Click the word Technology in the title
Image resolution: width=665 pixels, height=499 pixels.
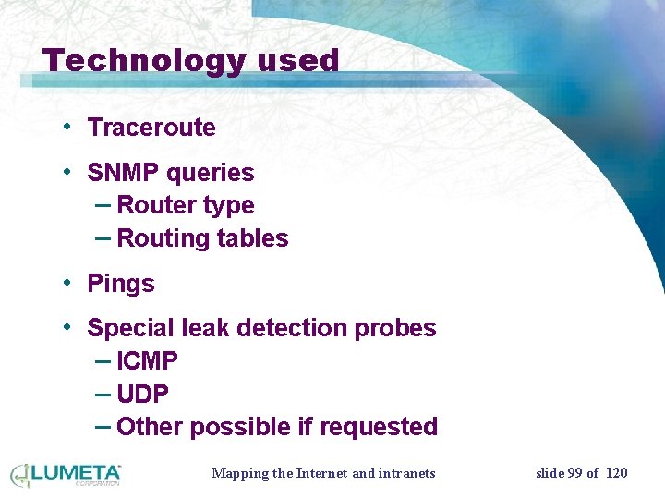tap(143, 62)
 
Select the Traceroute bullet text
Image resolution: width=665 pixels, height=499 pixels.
tap(151, 128)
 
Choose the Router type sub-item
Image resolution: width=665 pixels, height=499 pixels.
tap(185, 205)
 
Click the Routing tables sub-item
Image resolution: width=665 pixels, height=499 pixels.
tap(202, 238)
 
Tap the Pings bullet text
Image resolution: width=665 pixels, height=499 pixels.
tap(121, 284)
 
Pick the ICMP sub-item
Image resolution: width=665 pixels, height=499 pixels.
tap(148, 361)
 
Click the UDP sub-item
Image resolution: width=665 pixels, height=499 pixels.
tap(143, 395)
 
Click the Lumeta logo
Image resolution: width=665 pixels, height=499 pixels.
tap(66, 475)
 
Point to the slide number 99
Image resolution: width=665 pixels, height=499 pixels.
tap(574, 473)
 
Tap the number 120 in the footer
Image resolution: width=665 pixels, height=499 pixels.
tap(616, 473)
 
